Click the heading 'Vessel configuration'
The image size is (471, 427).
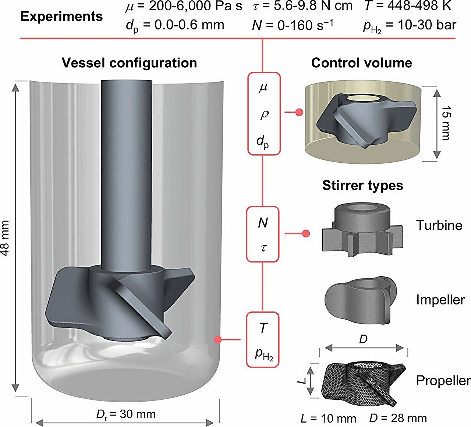click(129, 63)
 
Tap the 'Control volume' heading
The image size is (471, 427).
click(361, 63)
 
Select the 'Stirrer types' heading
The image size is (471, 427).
click(362, 185)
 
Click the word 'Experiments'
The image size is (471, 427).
click(61, 17)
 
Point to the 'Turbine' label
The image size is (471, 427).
click(439, 225)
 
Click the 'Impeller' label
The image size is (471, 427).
click(440, 300)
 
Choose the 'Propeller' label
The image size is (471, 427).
click(443, 381)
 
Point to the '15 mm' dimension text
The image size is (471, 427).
click(446, 123)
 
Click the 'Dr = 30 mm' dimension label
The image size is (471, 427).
click(126, 414)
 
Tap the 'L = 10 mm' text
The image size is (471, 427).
click(328, 419)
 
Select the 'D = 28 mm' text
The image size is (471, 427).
click(398, 419)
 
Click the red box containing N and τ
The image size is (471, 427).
click(262, 234)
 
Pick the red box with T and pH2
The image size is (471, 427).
click(263, 339)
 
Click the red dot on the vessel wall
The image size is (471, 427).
click(218, 339)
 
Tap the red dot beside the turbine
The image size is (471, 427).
click(305, 233)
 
